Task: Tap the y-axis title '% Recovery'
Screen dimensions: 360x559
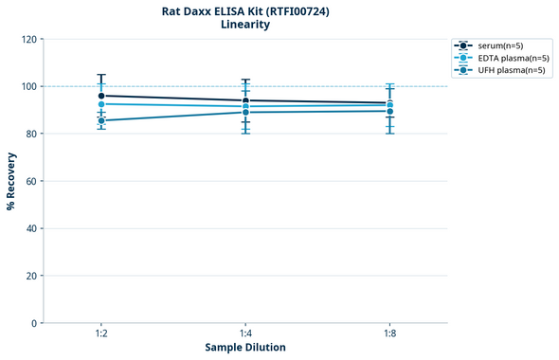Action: [11, 181]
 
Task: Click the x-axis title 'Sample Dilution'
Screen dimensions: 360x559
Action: [245, 348]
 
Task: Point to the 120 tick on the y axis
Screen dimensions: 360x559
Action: [29, 39]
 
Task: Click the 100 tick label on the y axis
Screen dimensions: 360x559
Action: [29, 86]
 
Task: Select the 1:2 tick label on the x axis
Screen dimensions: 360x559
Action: [101, 333]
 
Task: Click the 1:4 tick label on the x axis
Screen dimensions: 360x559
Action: [245, 333]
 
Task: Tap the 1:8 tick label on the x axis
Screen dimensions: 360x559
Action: [389, 333]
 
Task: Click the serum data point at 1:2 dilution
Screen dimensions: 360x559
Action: [101, 96]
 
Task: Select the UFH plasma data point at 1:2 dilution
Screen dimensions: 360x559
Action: [101, 120]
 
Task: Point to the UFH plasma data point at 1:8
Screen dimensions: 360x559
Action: [389, 111]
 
